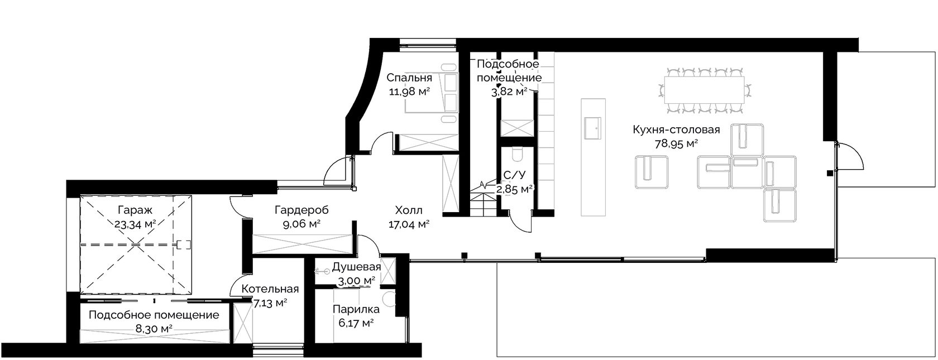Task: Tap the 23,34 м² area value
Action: [x=135, y=224]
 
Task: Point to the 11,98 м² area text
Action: [x=409, y=92]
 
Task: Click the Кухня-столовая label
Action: [x=676, y=129]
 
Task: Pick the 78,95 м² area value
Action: [x=676, y=145]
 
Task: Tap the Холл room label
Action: [x=409, y=210]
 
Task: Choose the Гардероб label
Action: [x=301, y=210]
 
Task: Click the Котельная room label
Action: [x=270, y=289]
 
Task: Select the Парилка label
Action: [x=356, y=309]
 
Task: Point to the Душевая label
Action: [x=356, y=267]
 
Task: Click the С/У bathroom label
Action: [x=514, y=175]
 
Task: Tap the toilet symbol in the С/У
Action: [x=518, y=155]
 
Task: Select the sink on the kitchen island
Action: [x=592, y=128]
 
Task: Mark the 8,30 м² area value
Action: [x=154, y=329]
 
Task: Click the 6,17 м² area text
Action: [x=356, y=323]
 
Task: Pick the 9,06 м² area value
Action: [x=301, y=224]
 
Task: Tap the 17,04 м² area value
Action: [x=409, y=225]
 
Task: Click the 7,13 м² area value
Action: [x=270, y=303]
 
